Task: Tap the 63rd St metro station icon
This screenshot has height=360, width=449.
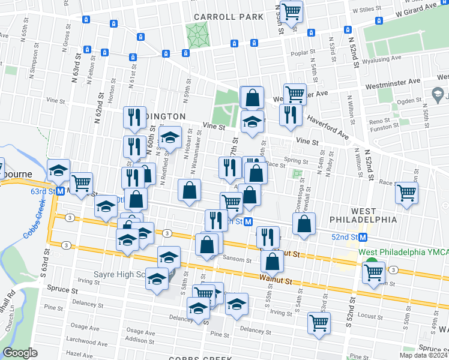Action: coord(61,191)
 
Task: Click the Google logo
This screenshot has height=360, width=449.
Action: coord(20,352)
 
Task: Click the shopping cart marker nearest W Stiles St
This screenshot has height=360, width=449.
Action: coord(291,11)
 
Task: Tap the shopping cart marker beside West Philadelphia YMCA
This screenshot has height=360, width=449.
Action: coord(373,272)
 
